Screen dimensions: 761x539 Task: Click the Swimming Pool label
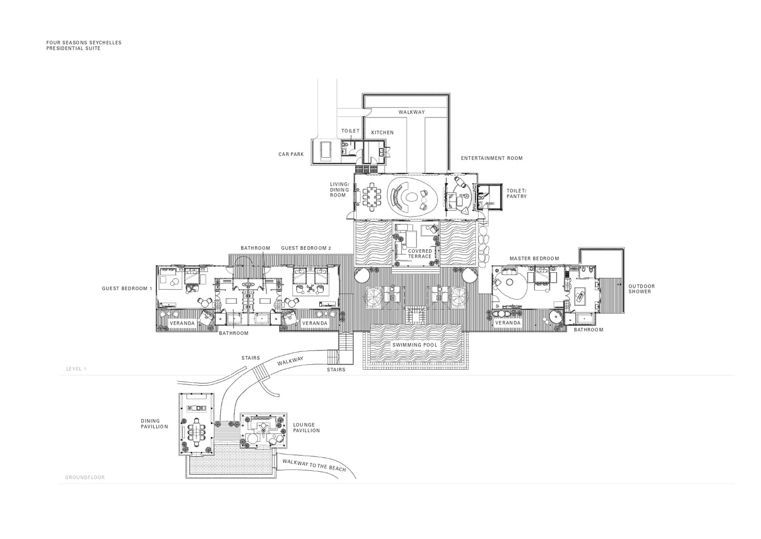[x=415, y=345]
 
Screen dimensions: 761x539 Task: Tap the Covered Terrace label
[x=420, y=254]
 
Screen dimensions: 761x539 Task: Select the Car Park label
[x=291, y=154]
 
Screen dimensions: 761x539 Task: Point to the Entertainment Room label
[x=492, y=158]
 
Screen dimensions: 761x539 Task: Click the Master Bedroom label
[x=534, y=259]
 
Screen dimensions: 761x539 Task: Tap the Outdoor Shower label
[x=642, y=289]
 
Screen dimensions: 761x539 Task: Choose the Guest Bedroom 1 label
[x=127, y=289]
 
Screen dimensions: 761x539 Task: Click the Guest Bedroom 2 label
[x=306, y=248]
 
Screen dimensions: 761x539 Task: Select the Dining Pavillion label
[x=155, y=424]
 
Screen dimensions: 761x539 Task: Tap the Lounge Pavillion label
[x=306, y=428]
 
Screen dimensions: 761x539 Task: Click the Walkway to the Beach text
[x=314, y=466]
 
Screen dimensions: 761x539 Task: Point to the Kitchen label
[x=382, y=132]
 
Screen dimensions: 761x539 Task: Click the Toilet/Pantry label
[x=517, y=194]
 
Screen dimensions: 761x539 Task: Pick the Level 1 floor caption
[x=77, y=369]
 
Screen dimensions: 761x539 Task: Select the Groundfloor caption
[x=85, y=477]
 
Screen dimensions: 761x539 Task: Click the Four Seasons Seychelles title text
[x=84, y=43]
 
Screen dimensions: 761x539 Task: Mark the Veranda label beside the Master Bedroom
[x=508, y=323]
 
